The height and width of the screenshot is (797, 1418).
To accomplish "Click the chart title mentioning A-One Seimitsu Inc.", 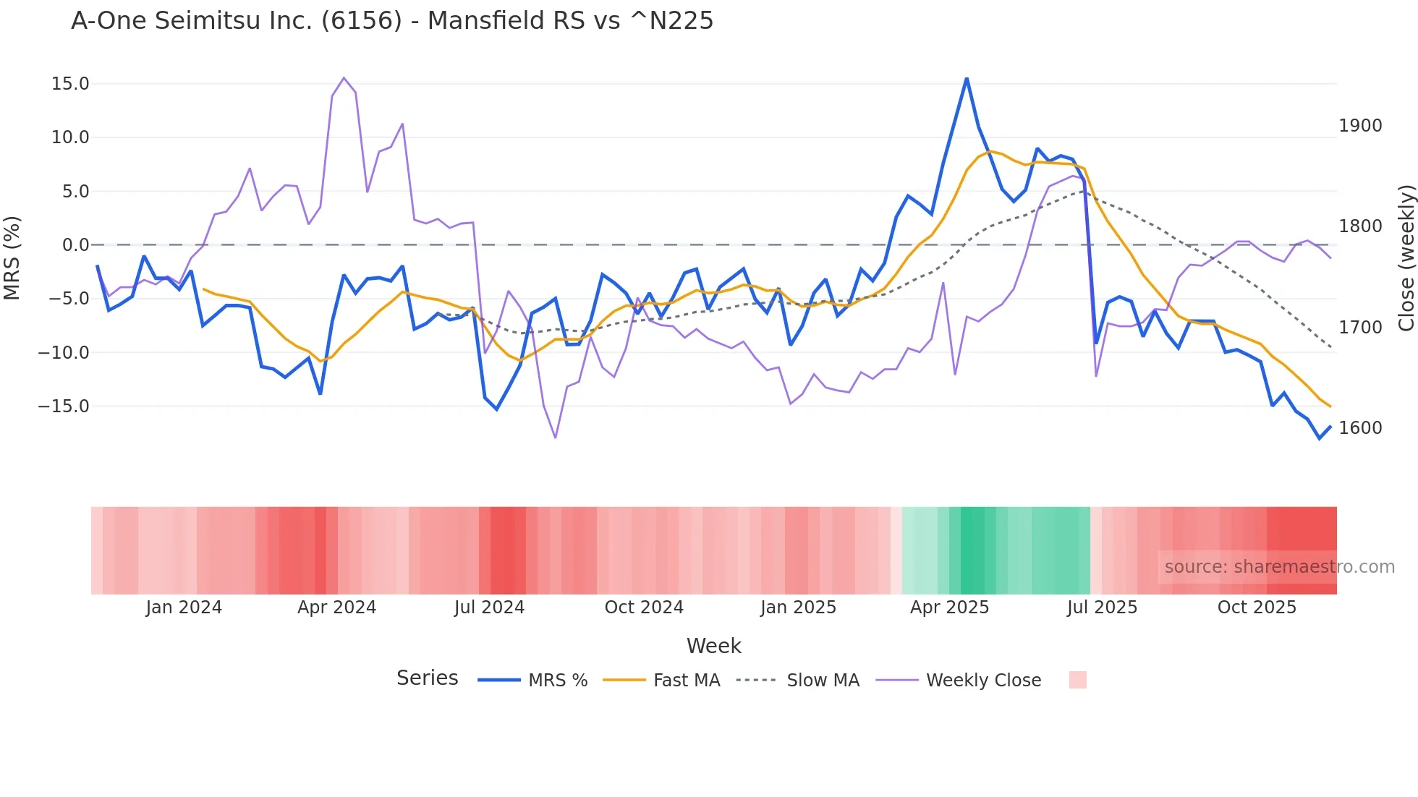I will pyautogui.click(x=391, y=21).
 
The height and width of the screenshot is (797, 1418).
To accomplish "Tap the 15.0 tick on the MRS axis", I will pyautogui.click(x=70, y=84).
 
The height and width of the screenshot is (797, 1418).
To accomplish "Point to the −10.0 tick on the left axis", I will pyautogui.click(x=64, y=353).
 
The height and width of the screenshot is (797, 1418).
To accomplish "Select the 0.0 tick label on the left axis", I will pyautogui.click(x=75, y=245).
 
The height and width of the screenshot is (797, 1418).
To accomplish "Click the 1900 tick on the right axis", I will pyautogui.click(x=1360, y=126).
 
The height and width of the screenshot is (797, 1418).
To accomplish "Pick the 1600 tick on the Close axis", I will pyautogui.click(x=1360, y=428).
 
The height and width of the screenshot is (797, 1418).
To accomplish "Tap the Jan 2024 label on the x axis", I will pyautogui.click(x=184, y=608).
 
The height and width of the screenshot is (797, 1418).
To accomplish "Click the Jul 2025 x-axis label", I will pyautogui.click(x=1102, y=608).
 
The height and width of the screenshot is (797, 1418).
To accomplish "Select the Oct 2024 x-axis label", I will pyautogui.click(x=644, y=608).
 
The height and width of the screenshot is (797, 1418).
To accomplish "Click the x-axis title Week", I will pyautogui.click(x=713, y=646).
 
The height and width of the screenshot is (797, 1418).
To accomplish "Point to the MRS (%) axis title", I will pyautogui.click(x=12, y=258).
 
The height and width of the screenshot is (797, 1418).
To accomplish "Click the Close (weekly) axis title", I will pyautogui.click(x=1406, y=258).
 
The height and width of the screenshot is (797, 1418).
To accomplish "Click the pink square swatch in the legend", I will pyautogui.click(x=1077, y=680).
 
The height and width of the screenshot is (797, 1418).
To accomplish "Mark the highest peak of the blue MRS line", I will pyautogui.click(x=967, y=78).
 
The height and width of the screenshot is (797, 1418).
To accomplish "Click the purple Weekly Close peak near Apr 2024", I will pyautogui.click(x=344, y=77).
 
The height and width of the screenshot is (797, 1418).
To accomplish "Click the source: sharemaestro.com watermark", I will pyautogui.click(x=1279, y=567).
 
